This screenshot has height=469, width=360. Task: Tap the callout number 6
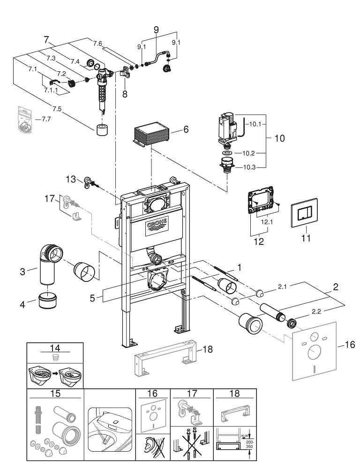tap(186, 129)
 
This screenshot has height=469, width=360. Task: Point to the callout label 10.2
tap(248, 153)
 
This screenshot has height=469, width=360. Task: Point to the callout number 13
tap(71, 180)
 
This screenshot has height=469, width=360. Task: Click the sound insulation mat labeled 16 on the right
tap(314, 350)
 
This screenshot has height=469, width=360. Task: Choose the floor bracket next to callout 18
tap(165, 357)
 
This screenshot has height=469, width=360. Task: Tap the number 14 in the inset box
tap(55, 348)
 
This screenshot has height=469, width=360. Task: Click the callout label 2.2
tap(316, 311)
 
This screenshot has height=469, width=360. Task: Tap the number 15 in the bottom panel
tap(55, 393)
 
